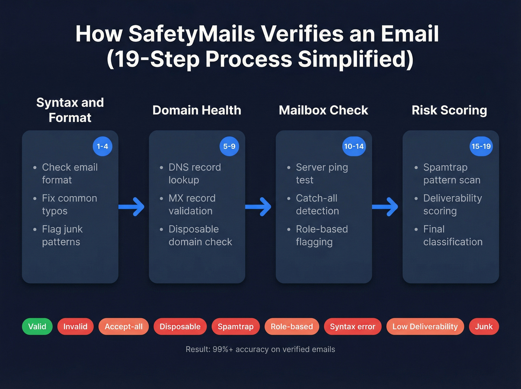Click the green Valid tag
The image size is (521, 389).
37,326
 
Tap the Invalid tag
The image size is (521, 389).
75,326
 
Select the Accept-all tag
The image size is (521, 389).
124,326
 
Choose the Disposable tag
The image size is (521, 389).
180,326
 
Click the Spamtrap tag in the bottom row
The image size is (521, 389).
236,326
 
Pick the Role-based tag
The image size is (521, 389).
292,326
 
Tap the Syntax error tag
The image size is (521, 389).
352,326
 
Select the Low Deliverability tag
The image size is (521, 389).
425,326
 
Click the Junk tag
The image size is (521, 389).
484,326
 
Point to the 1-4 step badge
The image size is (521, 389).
102,146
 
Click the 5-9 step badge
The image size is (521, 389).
229,146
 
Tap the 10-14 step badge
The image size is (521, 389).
354,146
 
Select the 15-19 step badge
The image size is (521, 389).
481,146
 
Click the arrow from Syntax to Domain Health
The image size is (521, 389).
132,207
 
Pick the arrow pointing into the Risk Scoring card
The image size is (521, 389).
385,207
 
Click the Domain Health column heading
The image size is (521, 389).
197,110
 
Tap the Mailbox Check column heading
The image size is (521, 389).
323,110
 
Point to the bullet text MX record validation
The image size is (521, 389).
192,204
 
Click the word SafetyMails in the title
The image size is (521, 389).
192,34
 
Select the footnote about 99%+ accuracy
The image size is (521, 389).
260,349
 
